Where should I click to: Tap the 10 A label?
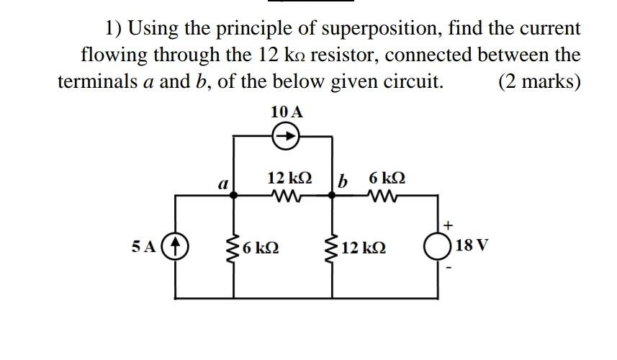[x=287, y=112]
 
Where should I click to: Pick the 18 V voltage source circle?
[x=438, y=246]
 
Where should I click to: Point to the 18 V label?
[x=472, y=246]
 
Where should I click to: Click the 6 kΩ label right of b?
[x=387, y=177]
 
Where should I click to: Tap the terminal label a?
[x=223, y=184]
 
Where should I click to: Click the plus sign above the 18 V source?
[x=447, y=224]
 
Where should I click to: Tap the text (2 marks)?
[x=539, y=81]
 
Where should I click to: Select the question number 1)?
[x=113, y=29]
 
